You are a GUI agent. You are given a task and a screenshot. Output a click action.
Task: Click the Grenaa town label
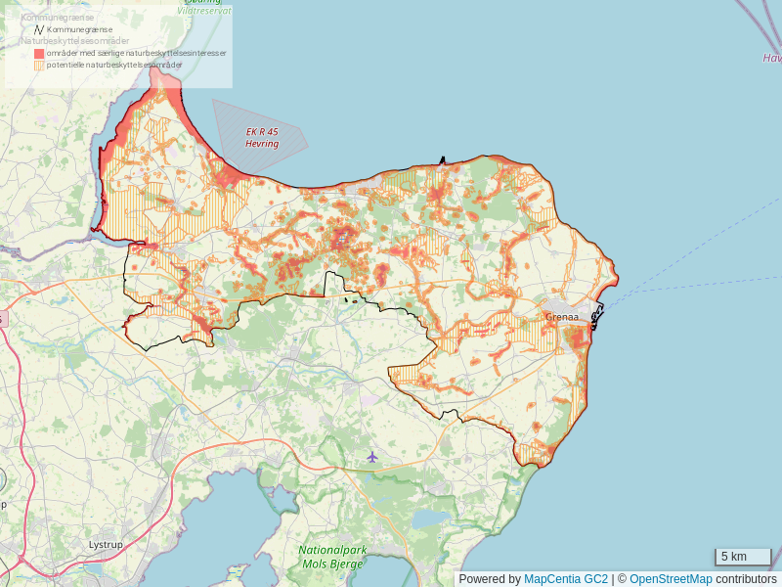point(562,317)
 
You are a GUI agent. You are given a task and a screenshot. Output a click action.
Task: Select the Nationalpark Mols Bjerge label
point(332,557)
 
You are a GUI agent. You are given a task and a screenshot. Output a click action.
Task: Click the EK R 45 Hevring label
point(262,138)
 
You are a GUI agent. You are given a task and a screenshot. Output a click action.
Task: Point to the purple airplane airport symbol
point(371,457)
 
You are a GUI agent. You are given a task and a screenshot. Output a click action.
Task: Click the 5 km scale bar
point(742,557)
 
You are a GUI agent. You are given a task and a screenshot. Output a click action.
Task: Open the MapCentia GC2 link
point(566,579)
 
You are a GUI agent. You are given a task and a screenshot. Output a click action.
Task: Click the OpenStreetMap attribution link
point(671,579)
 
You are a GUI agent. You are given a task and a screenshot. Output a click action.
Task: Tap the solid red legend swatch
point(39,54)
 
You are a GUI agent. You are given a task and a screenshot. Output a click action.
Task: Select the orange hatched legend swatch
point(39,66)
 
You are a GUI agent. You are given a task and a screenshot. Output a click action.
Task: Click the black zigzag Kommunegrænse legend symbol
point(39,30)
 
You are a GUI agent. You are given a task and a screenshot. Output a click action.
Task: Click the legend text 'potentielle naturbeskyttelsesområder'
point(114,66)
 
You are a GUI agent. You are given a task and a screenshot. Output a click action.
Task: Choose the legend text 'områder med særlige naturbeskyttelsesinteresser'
point(137,54)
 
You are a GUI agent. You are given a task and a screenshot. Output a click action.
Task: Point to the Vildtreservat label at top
point(206,10)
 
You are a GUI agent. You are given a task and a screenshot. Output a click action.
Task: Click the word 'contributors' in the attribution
point(746,579)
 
